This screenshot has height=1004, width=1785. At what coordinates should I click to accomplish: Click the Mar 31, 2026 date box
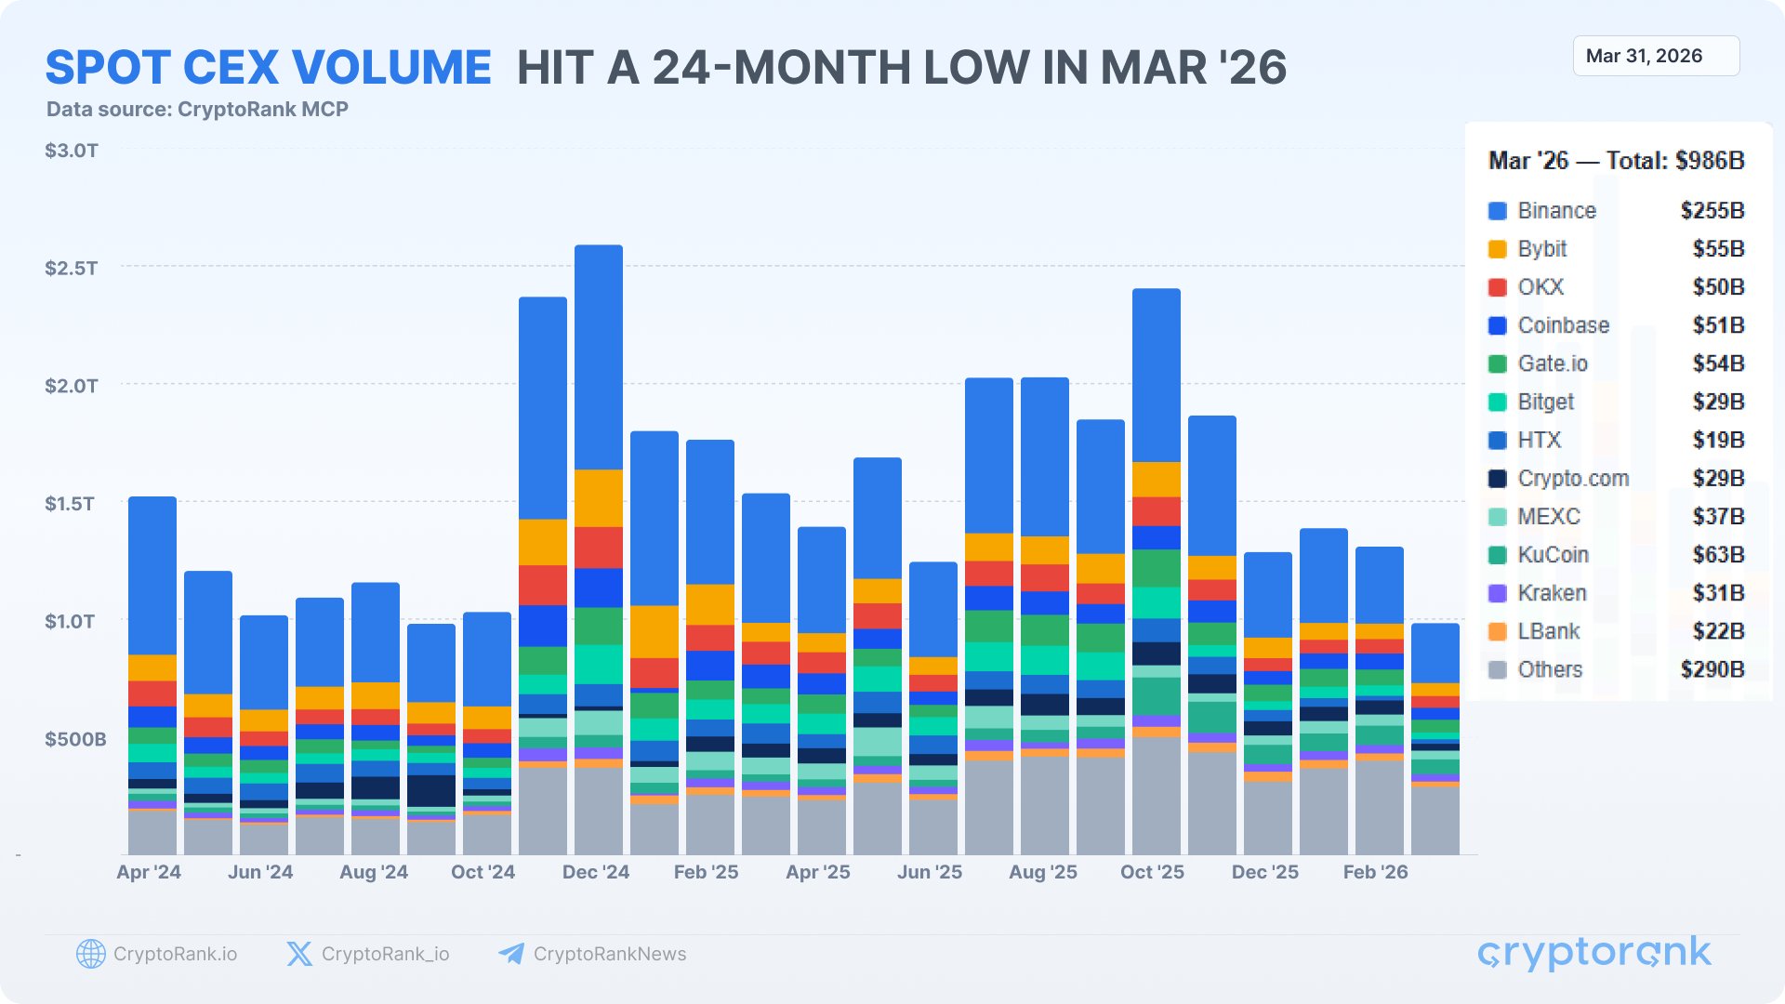pos(1655,56)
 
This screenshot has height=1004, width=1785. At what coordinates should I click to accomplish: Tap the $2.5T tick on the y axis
pos(71,269)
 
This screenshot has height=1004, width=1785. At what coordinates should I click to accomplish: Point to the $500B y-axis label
pos(75,739)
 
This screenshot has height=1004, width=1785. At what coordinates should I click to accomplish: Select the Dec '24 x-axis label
pos(595,872)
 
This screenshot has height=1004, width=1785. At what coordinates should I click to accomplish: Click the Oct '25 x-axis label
pos(1152,872)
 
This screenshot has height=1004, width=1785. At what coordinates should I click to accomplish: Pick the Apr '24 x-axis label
pos(149,872)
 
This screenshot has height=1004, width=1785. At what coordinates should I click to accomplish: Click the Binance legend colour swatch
pos(1497,211)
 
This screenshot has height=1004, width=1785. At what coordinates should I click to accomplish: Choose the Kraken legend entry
pos(1552,593)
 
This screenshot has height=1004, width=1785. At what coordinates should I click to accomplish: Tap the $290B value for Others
pos(1712,669)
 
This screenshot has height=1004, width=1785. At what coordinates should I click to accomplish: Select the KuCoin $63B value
pos(1718,555)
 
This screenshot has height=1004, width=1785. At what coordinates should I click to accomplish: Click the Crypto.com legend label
pos(1573,479)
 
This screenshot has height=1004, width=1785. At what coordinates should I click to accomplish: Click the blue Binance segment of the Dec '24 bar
pos(599,358)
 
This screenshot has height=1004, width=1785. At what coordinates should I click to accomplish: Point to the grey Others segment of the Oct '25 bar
pos(1157,796)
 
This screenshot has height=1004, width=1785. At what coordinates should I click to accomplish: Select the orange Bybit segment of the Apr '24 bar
pos(152,667)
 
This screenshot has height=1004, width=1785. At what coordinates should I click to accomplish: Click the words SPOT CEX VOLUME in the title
pos(269,68)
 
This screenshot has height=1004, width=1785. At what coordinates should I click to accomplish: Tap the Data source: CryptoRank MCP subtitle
pos(197,110)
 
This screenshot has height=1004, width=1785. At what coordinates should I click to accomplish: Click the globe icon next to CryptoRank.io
pos(90,954)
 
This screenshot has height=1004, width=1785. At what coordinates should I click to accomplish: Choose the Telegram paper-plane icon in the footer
pos(510,954)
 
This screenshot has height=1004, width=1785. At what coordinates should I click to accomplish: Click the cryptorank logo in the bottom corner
pos(1593,954)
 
